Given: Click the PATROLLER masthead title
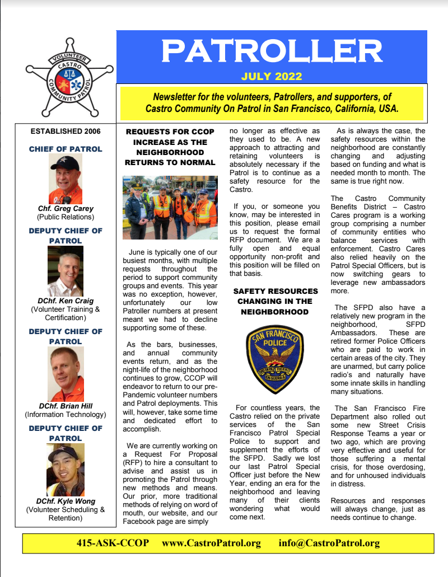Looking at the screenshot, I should click(272, 51).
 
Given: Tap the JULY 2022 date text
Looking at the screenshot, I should click(272, 77).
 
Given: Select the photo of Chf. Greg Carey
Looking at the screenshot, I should click(66, 179).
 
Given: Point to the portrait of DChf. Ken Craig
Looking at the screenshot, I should click(66, 271).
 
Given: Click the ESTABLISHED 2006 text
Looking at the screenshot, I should click(66, 132).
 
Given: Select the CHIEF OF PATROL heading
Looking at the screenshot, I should click(66, 149).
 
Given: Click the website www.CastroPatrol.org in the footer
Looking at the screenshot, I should click(212, 543).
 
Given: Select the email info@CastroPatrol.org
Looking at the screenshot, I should click(329, 543).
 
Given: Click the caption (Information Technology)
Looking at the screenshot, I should click(66, 415).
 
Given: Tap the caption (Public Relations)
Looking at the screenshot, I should click(66, 217).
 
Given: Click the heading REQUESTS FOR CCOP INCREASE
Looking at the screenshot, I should click(170, 147).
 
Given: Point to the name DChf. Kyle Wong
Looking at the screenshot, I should click(66, 501).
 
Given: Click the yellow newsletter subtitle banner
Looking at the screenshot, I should click(272, 102).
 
